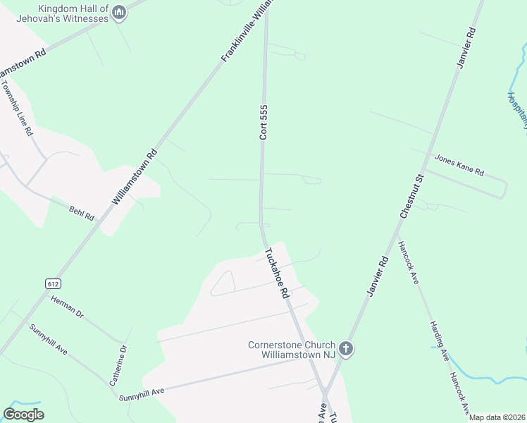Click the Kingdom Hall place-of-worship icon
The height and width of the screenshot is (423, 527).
[x=119, y=13]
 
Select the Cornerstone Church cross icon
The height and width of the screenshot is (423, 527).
[x=345, y=348]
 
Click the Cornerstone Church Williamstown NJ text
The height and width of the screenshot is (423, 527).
[x=292, y=350]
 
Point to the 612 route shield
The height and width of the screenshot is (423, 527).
[x=54, y=283]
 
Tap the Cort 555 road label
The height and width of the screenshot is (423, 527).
[x=264, y=122]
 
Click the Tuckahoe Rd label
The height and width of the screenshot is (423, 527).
[x=277, y=273]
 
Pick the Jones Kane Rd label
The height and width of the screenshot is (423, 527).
[x=459, y=166]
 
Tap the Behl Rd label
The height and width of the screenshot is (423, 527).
[x=81, y=212]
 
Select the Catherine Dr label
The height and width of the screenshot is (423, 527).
[x=117, y=365]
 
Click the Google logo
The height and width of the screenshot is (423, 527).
[x=24, y=414]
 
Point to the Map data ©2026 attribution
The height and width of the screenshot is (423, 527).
[x=497, y=417]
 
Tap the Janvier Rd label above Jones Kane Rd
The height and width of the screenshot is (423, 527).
[x=466, y=48]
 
